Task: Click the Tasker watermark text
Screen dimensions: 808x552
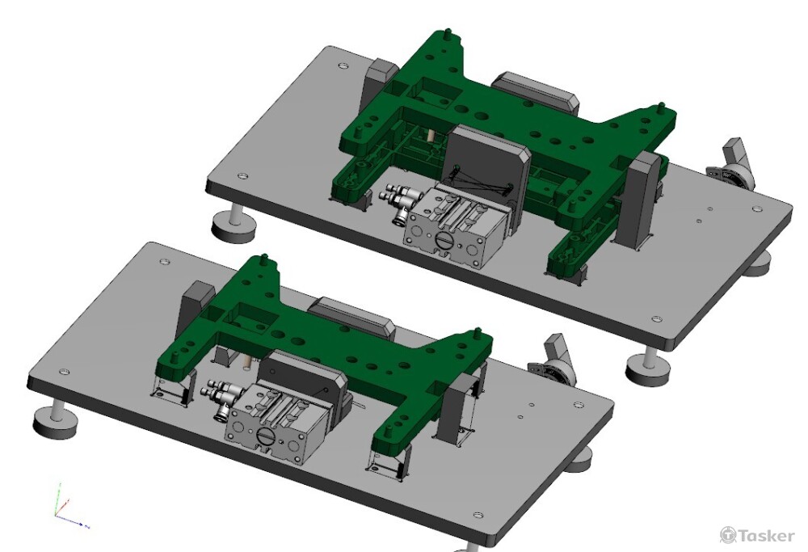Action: [x=766, y=536]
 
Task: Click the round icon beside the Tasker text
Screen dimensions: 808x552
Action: [x=728, y=534]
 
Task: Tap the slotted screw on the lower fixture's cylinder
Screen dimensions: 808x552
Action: [x=264, y=436]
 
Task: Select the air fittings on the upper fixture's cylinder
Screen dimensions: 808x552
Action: [x=397, y=201]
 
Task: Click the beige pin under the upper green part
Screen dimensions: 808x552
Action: [x=429, y=137]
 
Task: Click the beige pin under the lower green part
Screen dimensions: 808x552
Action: [x=247, y=361]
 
